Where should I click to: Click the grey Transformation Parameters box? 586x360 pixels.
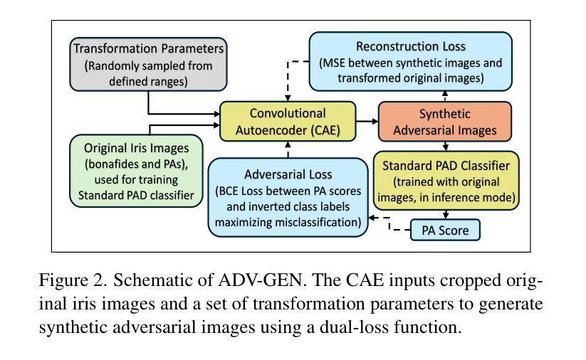(148, 64)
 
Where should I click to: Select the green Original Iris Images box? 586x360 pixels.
(136, 171)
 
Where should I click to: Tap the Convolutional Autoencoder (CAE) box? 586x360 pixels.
(288, 122)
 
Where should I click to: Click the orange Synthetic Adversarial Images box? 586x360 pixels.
(445, 122)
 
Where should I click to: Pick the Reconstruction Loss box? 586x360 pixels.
(411, 62)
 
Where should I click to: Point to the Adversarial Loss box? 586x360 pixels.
(288, 198)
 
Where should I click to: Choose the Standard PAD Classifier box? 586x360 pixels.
(446, 181)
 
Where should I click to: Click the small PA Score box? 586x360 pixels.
(445, 230)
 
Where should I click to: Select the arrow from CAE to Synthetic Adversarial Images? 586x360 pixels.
(367, 122)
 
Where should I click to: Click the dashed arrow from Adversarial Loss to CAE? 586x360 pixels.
(288, 149)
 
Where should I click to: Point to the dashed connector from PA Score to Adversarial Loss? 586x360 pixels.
(389, 223)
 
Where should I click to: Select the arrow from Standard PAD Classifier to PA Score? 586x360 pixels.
(446, 215)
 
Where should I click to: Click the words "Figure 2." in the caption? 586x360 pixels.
(73, 280)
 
